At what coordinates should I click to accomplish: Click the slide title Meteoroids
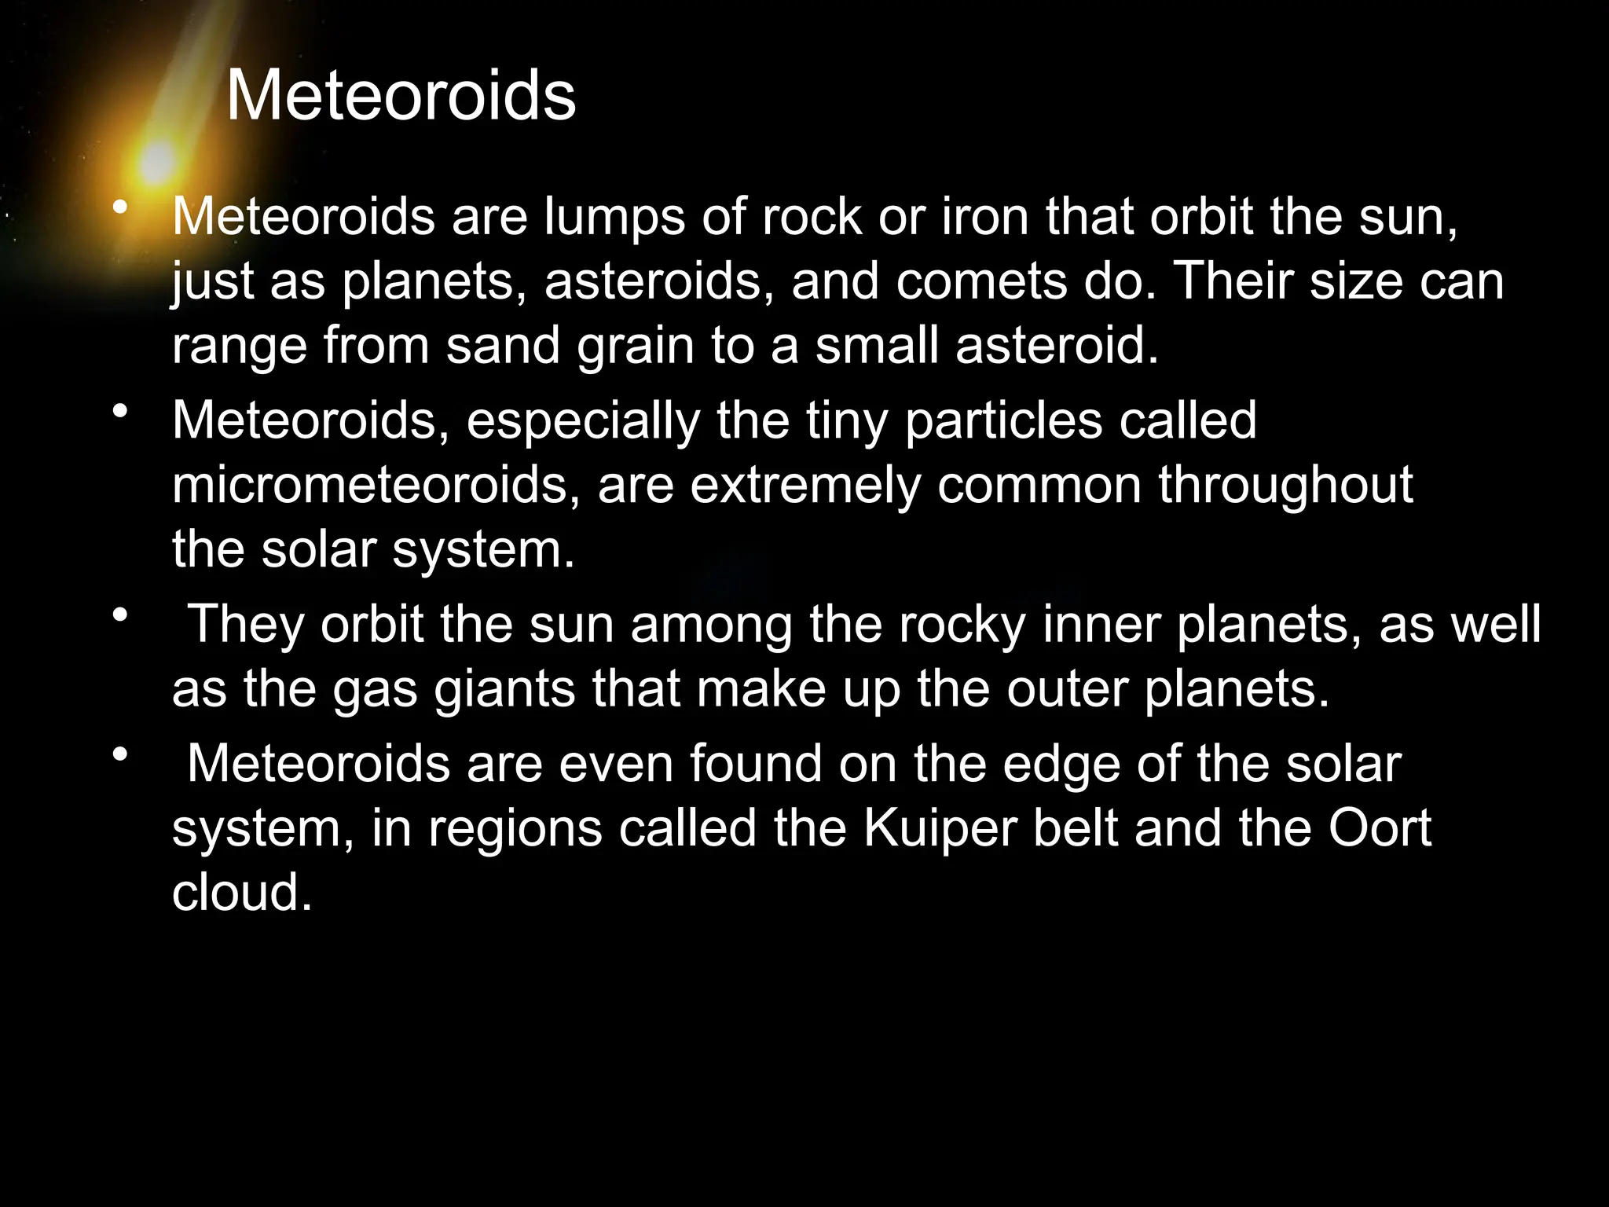401,96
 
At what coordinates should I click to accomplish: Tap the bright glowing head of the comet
158,162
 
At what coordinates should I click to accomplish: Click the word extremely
805,485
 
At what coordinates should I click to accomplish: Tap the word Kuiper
940,828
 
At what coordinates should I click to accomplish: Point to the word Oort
1380,828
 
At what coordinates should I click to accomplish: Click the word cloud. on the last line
242,893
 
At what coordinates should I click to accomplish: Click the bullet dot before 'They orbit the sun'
119,614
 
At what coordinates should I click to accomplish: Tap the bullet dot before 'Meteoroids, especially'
119,410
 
